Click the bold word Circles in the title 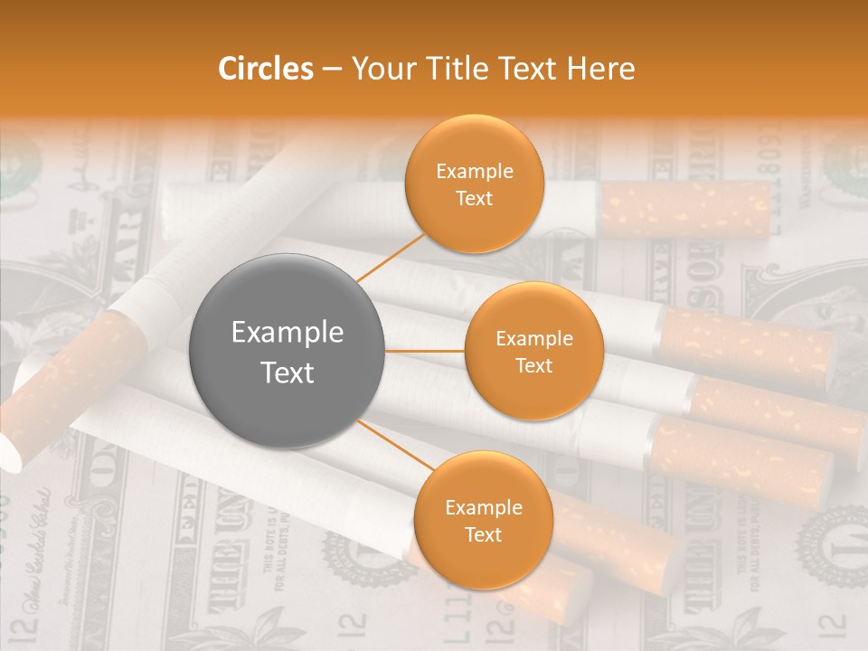pyautogui.click(x=266, y=69)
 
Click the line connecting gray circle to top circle pyautogui.click(x=392, y=257)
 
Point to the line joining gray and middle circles pyautogui.click(x=425, y=351)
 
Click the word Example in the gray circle pyautogui.click(x=288, y=333)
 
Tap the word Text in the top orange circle pyautogui.click(x=474, y=199)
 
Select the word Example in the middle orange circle pyautogui.click(x=533, y=339)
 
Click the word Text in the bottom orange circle pyautogui.click(x=483, y=535)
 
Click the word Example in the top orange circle pyautogui.click(x=474, y=172)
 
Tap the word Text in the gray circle pyautogui.click(x=288, y=373)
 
